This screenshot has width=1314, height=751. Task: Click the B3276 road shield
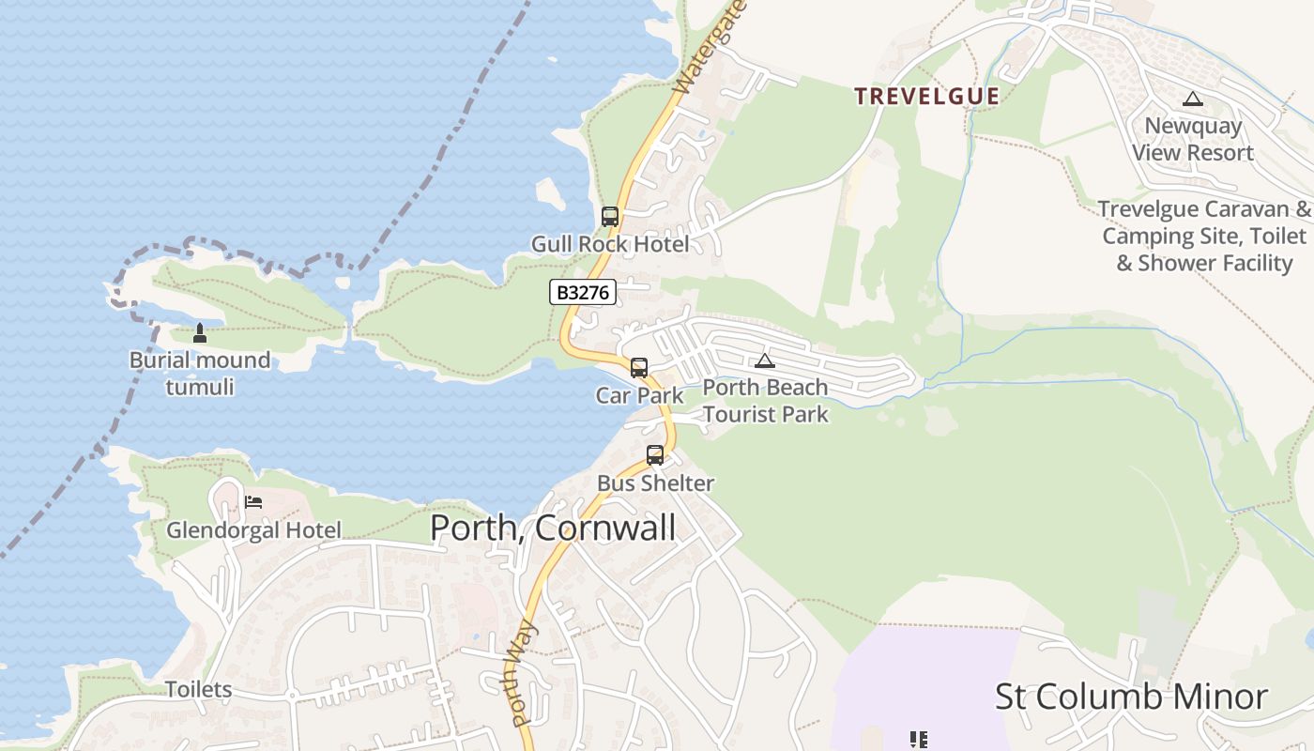(x=582, y=293)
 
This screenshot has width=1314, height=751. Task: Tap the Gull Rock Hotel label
(x=610, y=244)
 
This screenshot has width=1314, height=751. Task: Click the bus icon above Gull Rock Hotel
(x=610, y=217)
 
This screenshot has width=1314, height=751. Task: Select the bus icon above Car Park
(x=639, y=367)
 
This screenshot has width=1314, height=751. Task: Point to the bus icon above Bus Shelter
(x=655, y=455)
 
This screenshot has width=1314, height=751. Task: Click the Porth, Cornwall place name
(x=553, y=528)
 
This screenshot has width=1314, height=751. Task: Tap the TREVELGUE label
(x=926, y=96)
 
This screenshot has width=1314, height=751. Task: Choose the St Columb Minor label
(x=1131, y=697)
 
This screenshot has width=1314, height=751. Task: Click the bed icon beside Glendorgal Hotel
(x=253, y=502)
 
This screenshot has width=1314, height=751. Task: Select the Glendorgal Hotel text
(x=254, y=530)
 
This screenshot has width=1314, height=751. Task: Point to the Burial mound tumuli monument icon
(x=199, y=332)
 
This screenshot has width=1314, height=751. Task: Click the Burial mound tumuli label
(x=200, y=373)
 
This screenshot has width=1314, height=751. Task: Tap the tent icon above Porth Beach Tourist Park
(x=765, y=360)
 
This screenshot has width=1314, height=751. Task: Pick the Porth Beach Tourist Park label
(x=766, y=401)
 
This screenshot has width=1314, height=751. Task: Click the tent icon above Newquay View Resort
(x=1193, y=99)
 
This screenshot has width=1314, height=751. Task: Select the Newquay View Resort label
(x=1193, y=139)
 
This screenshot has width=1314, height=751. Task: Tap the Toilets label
(x=199, y=690)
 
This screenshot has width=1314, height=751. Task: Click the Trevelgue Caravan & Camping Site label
(x=1205, y=236)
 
